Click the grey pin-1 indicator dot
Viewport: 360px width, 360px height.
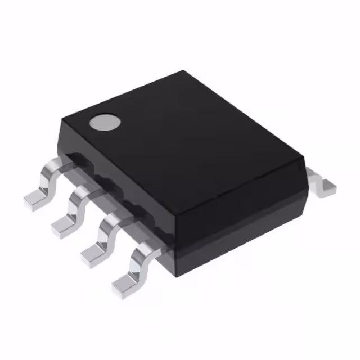point(106,122)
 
